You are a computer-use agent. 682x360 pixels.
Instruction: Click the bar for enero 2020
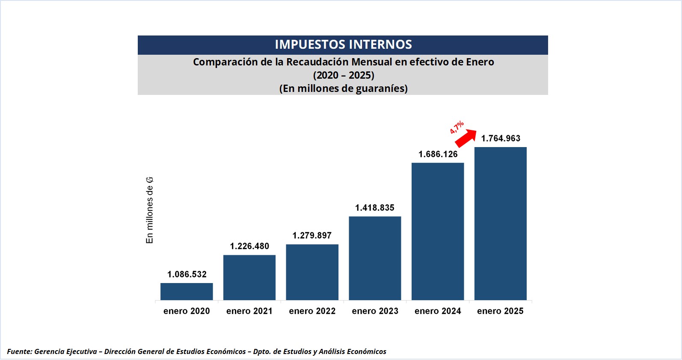point(187,291)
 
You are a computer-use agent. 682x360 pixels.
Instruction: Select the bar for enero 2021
point(249,277)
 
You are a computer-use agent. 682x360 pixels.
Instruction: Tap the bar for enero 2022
point(312,272)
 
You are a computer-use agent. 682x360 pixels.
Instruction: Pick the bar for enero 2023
point(375,258)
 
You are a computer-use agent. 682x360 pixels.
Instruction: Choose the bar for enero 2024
point(438,231)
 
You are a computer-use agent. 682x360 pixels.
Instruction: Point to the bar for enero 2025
point(501,224)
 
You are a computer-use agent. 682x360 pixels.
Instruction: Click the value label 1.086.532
point(187,274)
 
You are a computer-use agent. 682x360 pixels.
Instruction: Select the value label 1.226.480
point(249,246)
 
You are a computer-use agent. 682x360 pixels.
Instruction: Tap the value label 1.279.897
point(312,236)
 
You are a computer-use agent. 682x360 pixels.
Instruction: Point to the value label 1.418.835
point(375,208)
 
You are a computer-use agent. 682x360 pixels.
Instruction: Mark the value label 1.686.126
point(438,154)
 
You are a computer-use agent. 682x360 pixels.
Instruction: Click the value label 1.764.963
point(501,139)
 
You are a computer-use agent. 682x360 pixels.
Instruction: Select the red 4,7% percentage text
point(457,127)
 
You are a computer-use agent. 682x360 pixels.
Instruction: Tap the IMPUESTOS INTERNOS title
point(343,44)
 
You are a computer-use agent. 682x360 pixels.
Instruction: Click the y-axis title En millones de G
point(150,210)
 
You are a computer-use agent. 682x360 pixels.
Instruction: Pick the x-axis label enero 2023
point(375,311)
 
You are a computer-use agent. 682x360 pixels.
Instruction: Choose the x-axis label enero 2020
point(187,311)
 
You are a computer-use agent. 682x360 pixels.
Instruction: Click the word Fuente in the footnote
point(19,351)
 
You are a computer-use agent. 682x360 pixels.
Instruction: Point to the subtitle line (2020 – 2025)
point(344,75)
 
